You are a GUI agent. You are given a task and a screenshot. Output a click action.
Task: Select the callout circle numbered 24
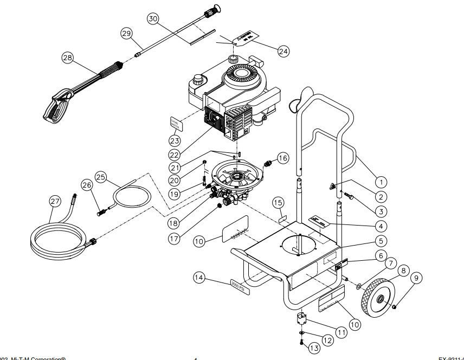[282, 51]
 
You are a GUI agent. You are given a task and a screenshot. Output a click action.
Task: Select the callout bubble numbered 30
[153, 19]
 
